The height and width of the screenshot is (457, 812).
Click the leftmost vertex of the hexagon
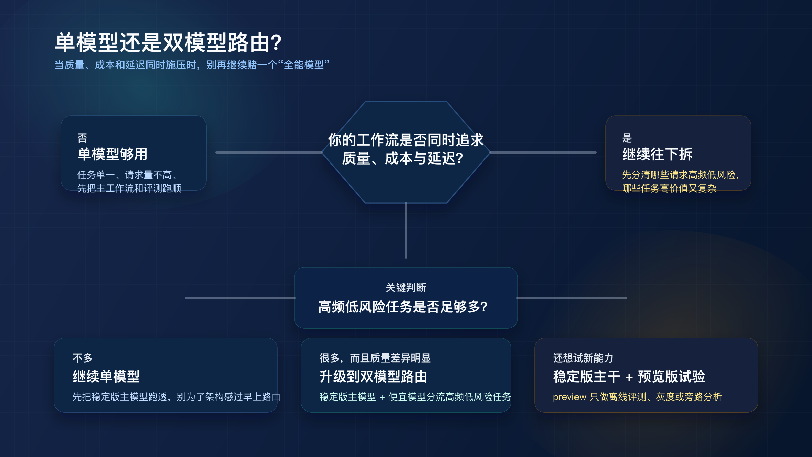[x=322, y=152]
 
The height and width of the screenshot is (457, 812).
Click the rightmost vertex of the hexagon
[x=490, y=152]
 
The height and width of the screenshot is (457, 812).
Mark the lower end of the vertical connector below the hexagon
[x=406, y=258]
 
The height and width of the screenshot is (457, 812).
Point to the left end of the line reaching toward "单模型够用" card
[x=216, y=152]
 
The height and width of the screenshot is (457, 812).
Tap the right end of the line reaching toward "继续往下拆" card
[x=596, y=152]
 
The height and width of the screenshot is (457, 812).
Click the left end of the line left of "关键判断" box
[x=185, y=298]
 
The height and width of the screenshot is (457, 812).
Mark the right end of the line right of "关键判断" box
[x=627, y=298]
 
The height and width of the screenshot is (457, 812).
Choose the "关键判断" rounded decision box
[x=406, y=298]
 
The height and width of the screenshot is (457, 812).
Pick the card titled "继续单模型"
[x=166, y=375]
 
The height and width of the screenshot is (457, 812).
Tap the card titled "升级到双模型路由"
[x=406, y=375]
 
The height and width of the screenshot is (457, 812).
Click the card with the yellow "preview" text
[x=646, y=375]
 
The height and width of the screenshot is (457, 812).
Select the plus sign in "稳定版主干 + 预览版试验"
[x=629, y=377]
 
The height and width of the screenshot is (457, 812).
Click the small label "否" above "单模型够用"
[x=82, y=138]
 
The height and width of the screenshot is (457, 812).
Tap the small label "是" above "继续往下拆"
[x=627, y=138]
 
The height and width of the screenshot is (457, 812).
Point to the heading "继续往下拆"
[x=657, y=154]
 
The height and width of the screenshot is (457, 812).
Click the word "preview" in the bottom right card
[x=569, y=397]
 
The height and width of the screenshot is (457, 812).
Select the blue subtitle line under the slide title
[x=192, y=65]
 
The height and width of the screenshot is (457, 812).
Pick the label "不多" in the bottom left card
[x=83, y=358]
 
